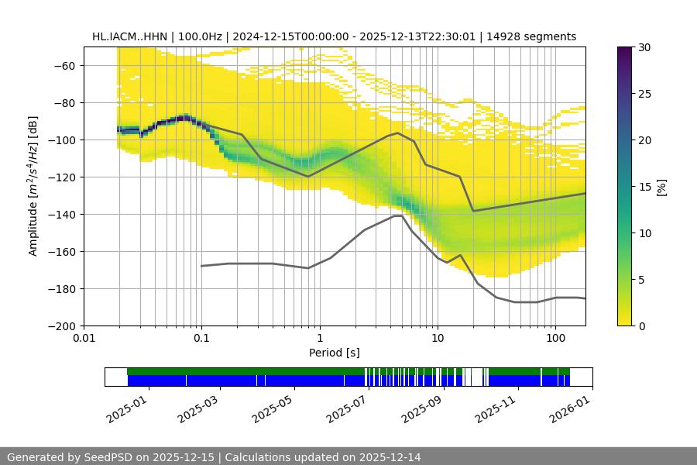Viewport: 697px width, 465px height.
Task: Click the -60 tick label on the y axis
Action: pyautogui.click(x=63, y=66)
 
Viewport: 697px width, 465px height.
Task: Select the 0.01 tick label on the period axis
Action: pyautogui.click(x=84, y=339)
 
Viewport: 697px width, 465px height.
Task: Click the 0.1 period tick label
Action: pyautogui.click(x=201, y=339)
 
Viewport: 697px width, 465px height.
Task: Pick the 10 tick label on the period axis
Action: pyautogui.click(x=438, y=339)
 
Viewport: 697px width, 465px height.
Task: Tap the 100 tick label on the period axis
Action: pyautogui.click(x=555, y=339)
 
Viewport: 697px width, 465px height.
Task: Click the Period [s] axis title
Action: pyautogui.click(x=335, y=353)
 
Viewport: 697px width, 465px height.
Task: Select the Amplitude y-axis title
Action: pyautogui.click(x=33, y=186)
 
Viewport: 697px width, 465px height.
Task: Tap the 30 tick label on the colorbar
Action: pyautogui.click(x=645, y=47)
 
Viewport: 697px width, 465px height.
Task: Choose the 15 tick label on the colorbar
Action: pyautogui.click(x=645, y=187)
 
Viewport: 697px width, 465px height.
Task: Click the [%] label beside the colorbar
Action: pyautogui.click(x=661, y=187)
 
